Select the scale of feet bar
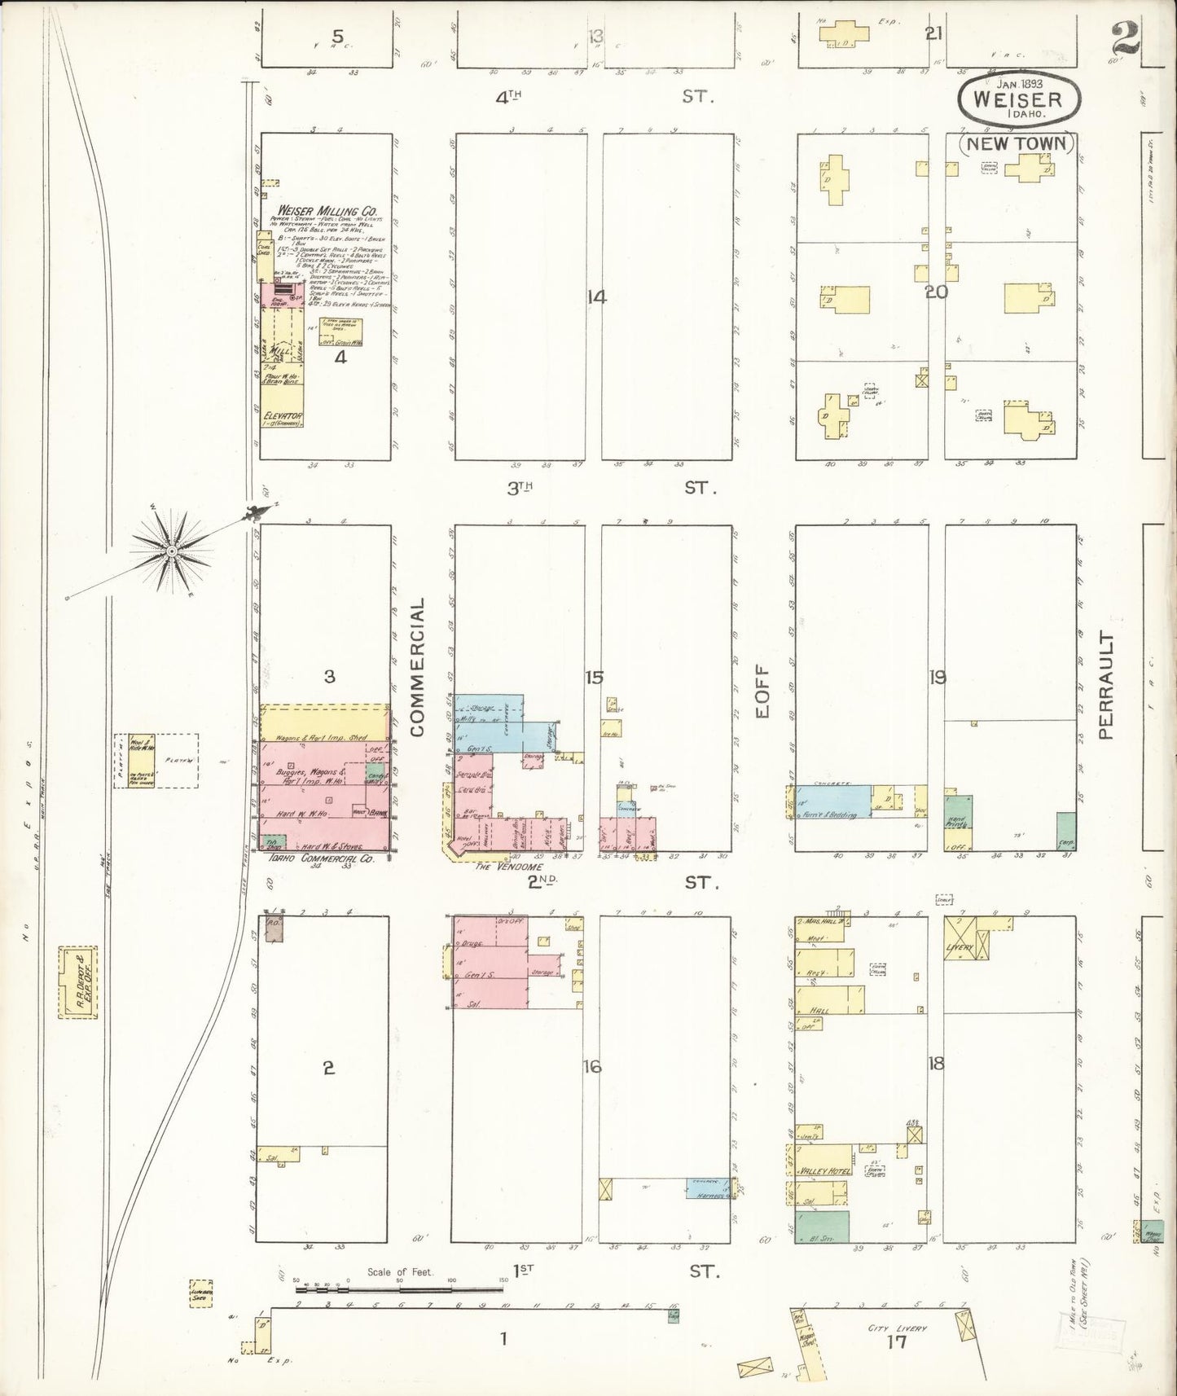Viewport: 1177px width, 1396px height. (399, 1288)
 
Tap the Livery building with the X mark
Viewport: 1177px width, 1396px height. (966, 938)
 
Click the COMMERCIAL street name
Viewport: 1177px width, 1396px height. (418, 668)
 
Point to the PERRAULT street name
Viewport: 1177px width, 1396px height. (1105, 684)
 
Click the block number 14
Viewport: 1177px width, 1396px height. (597, 297)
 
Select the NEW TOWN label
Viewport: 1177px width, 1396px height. (1017, 143)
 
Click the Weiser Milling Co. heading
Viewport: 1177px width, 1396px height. (323, 212)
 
